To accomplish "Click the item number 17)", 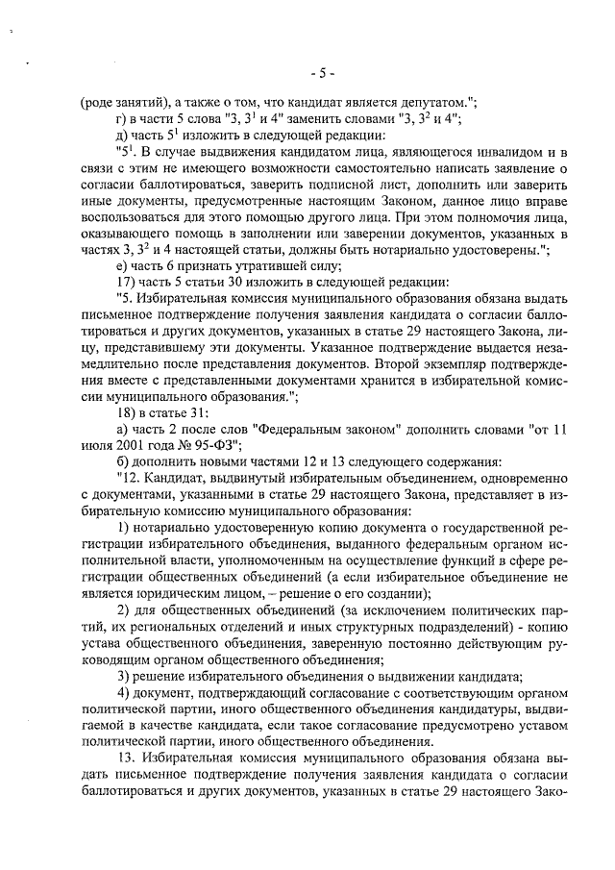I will click(x=126, y=284).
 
